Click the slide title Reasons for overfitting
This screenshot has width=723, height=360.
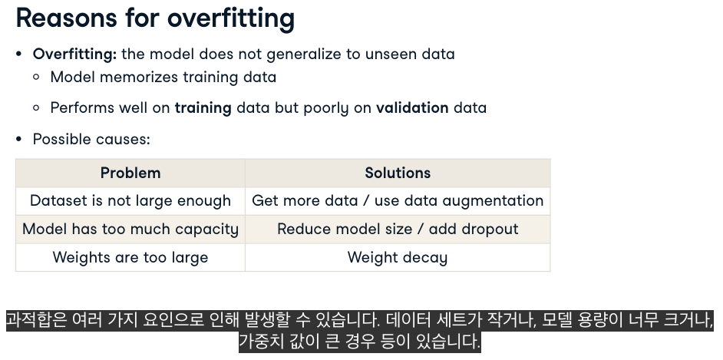[155, 18]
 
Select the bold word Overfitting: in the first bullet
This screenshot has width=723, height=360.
[74, 54]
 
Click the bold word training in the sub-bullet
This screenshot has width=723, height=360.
[203, 108]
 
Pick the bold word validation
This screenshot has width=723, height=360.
[412, 108]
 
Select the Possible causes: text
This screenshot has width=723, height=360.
[91, 139]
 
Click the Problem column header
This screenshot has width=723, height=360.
[130, 173]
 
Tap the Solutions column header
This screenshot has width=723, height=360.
[398, 173]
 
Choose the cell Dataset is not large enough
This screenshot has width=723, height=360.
[130, 201]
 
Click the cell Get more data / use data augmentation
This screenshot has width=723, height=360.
[398, 201]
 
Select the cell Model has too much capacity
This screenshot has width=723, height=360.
[130, 229]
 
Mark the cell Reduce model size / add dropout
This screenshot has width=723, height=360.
[398, 229]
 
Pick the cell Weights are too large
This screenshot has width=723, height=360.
[130, 257]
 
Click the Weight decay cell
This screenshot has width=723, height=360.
[398, 257]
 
